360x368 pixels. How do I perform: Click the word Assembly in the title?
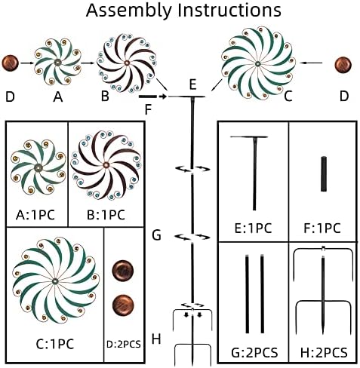coord(128,11)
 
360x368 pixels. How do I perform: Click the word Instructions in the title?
coord(229,10)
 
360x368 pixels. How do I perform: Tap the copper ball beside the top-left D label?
coord(11,63)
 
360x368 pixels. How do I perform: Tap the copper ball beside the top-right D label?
coord(343,65)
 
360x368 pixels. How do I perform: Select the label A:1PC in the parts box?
coord(35,215)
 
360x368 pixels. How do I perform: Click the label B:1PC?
coord(106,215)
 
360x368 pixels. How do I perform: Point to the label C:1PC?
coord(55,344)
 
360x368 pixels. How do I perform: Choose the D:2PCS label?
coord(124,344)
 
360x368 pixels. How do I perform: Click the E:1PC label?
coord(253,228)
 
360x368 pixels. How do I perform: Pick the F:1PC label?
coord(322,228)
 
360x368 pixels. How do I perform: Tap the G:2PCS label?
coord(254,352)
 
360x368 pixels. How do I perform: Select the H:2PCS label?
coord(324,352)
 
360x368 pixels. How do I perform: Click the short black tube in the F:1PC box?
coord(324,174)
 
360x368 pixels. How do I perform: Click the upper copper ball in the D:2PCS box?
coord(123,270)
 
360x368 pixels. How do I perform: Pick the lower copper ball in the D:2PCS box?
coord(123,305)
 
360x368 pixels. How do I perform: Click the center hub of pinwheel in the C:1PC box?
coord(55,281)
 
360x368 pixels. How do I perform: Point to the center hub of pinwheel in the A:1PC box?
coord(38,167)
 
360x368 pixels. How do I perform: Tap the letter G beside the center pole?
coord(156,235)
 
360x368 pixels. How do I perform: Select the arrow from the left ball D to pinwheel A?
coord(27,63)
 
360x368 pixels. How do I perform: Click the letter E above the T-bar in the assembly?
coord(192,84)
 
